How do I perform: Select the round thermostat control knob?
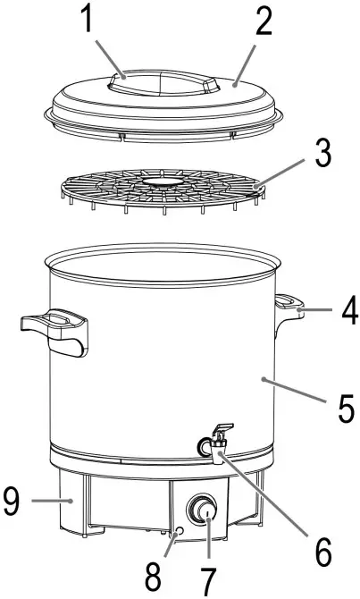203,512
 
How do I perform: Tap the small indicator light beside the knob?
179,531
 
